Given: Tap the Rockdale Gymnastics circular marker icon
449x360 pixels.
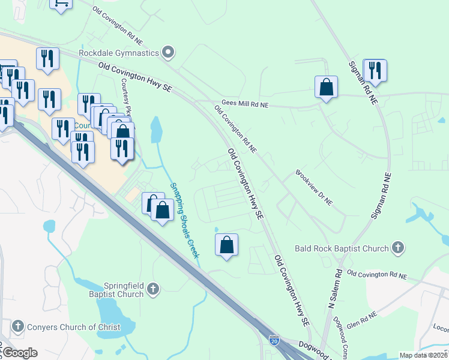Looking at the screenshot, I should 169,53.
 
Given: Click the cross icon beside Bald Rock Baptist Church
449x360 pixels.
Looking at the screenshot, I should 397,247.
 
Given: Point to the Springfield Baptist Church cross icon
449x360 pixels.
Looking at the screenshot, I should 153,290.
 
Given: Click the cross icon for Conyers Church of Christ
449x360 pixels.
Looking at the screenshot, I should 17,327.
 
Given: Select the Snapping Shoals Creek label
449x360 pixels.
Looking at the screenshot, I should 184,220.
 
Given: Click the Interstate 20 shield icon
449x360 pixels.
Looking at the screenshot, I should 274,340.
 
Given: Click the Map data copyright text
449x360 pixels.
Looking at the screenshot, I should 424,355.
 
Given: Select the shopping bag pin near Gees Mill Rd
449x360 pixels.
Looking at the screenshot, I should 326,87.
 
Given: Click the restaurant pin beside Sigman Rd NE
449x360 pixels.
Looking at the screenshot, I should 375,70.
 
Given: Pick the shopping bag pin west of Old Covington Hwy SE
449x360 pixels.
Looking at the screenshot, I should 226,245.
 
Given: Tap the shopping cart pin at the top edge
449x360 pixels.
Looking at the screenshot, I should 61,3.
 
